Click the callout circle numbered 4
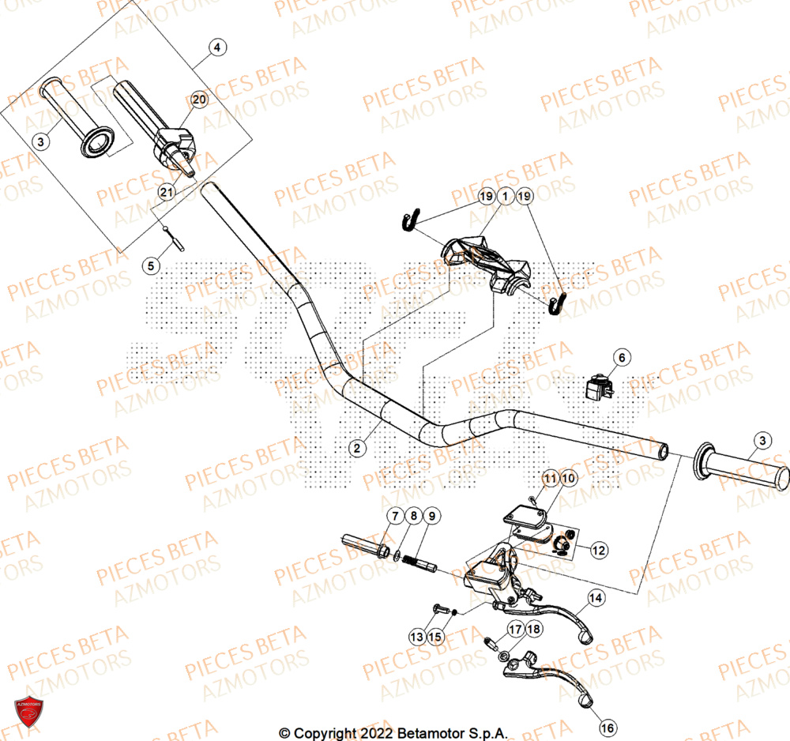pyautogui.click(x=217, y=48)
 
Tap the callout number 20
pyautogui.click(x=199, y=100)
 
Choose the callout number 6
pyautogui.click(x=621, y=358)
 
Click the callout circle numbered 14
pyautogui.click(x=596, y=599)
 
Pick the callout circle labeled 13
pyautogui.click(x=416, y=636)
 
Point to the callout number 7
pyautogui.click(x=393, y=517)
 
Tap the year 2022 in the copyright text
pyautogui.click(x=355, y=734)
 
